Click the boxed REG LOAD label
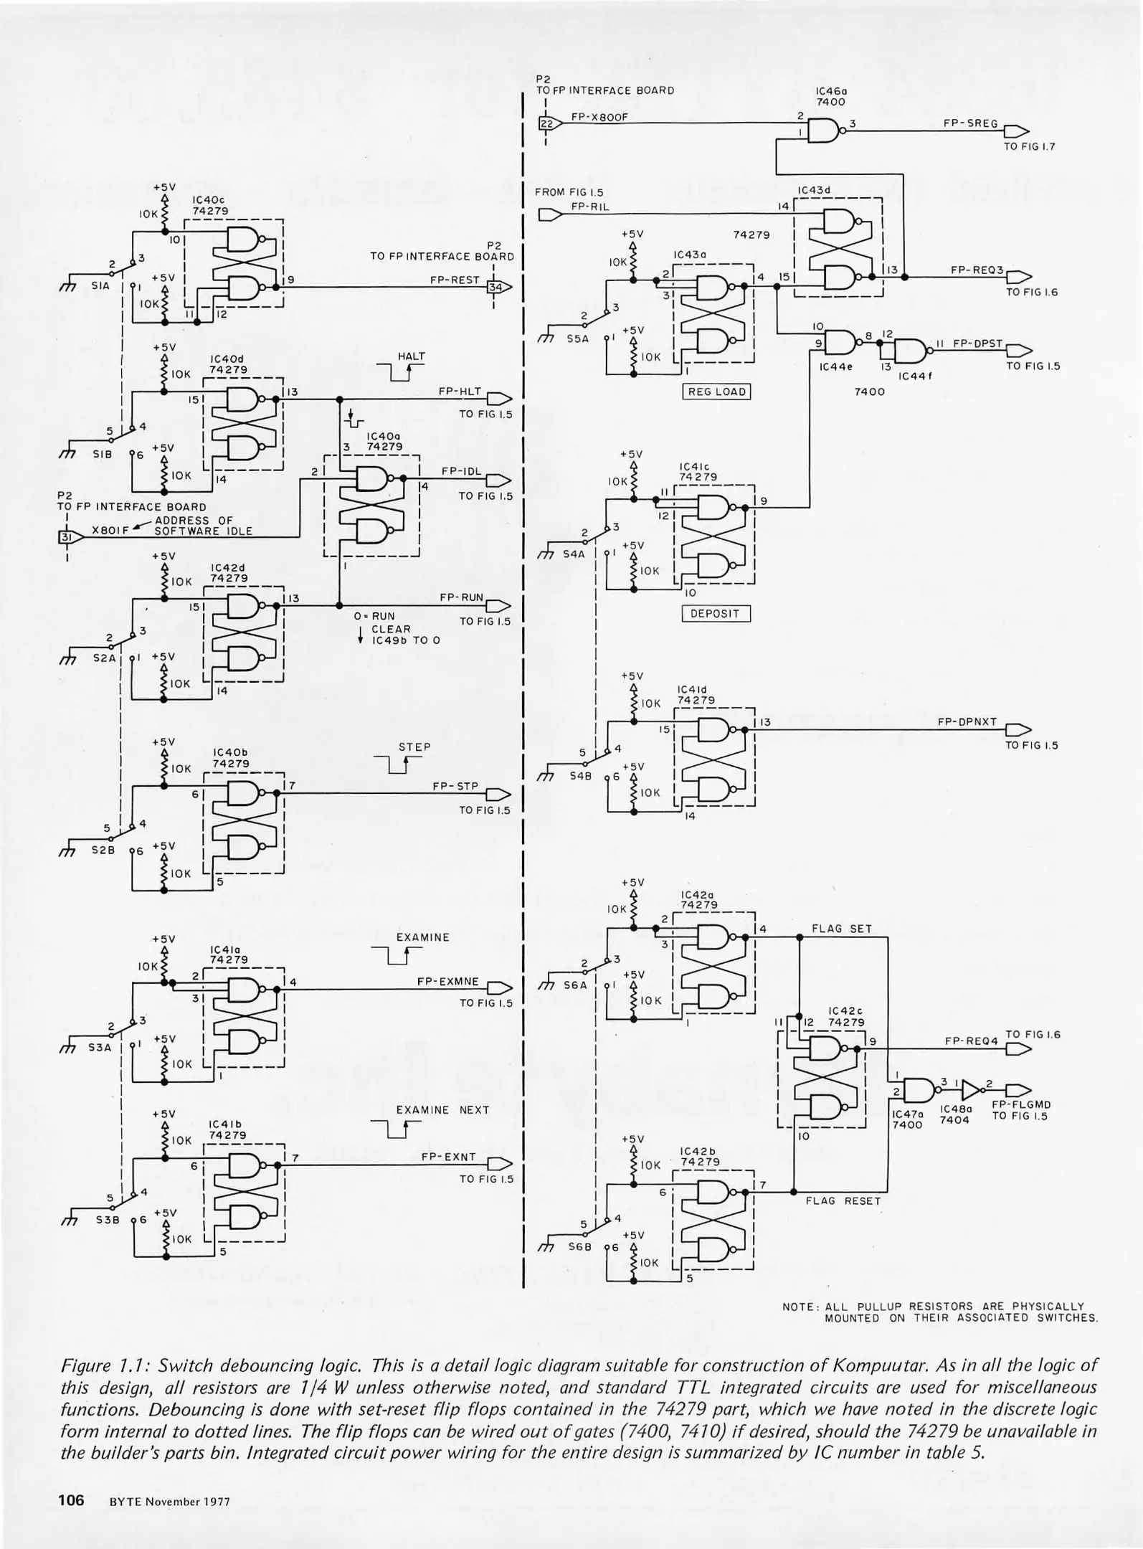(716, 392)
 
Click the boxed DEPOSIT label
(715, 614)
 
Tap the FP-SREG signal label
(970, 123)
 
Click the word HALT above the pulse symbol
(412, 356)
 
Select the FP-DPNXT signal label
(967, 722)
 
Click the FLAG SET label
(841, 929)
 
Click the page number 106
(71, 1499)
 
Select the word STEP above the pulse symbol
(414, 747)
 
